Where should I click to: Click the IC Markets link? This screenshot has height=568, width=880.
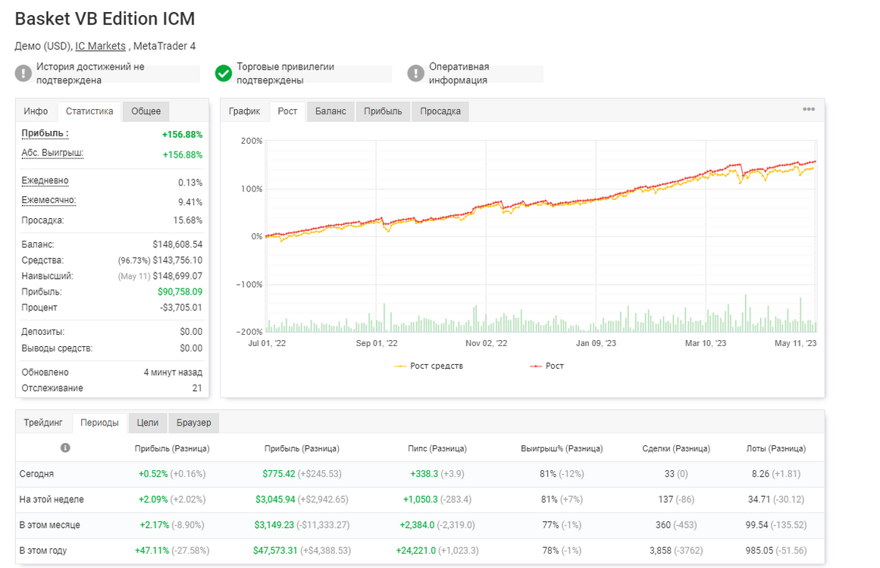[x=101, y=46]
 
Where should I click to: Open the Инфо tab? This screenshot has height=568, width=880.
[x=36, y=111]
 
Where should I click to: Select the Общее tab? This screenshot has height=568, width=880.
[x=146, y=111]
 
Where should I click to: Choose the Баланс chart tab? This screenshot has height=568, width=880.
[x=330, y=111]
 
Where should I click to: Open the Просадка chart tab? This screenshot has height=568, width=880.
[x=440, y=111]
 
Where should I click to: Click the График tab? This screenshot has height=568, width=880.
[x=245, y=111]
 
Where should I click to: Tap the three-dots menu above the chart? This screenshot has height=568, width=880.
[x=809, y=109]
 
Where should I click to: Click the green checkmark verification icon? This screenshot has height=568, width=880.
[x=224, y=73]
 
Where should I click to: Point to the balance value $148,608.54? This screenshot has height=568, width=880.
[x=177, y=245]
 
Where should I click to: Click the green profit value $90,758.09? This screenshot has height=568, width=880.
[x=180, y=292]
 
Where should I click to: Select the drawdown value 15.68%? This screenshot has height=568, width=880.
[x=187, y=220]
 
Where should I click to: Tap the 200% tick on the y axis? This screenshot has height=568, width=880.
[x=252, y=141]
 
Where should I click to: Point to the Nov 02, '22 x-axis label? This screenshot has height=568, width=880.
[x=486, y=343]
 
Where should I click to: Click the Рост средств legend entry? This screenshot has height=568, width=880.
[x=429, y=366]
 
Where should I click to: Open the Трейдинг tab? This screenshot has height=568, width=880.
[x=43, y=423]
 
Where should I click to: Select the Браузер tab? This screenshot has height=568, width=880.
[x=193, y=423]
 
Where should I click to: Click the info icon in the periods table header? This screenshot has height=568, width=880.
[x=65, y=448]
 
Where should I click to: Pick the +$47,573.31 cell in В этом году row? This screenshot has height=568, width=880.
[x=275, y=551]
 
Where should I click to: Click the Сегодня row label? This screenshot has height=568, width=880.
[x=36, y=474]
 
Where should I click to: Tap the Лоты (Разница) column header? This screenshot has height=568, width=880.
[x=776, y=448]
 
